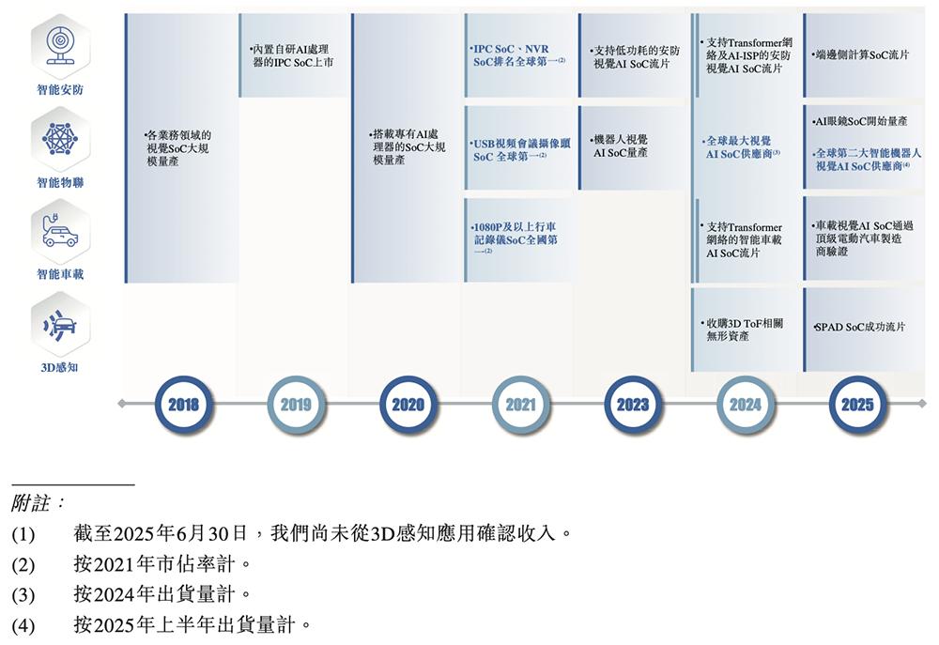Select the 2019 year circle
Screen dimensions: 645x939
tap(295, 405)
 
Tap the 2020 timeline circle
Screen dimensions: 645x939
tap(408, 405)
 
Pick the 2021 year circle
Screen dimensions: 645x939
tap(520, 405)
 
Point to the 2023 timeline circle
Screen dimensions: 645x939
tap(632, 405)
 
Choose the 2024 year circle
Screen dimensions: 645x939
tap(745, 405)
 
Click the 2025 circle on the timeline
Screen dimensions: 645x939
tap(857, 405)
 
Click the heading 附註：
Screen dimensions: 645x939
tap(38, 503)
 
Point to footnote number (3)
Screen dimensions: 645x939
tap(23, 594)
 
